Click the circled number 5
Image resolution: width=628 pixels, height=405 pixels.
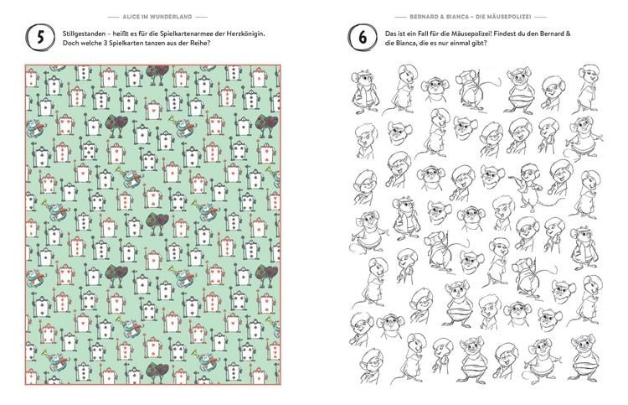[x=40, y=38]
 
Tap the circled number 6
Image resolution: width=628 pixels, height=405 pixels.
[x=363, y=38]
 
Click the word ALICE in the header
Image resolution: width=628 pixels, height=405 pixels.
[x=131, y=17]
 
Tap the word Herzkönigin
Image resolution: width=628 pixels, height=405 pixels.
[x=248, y=34]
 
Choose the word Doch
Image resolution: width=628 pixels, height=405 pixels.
[x=70, y=44]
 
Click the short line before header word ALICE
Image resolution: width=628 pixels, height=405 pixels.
[x=113, y=17]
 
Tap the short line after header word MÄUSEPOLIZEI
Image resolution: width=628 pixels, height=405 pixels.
[x=540, y=17]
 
